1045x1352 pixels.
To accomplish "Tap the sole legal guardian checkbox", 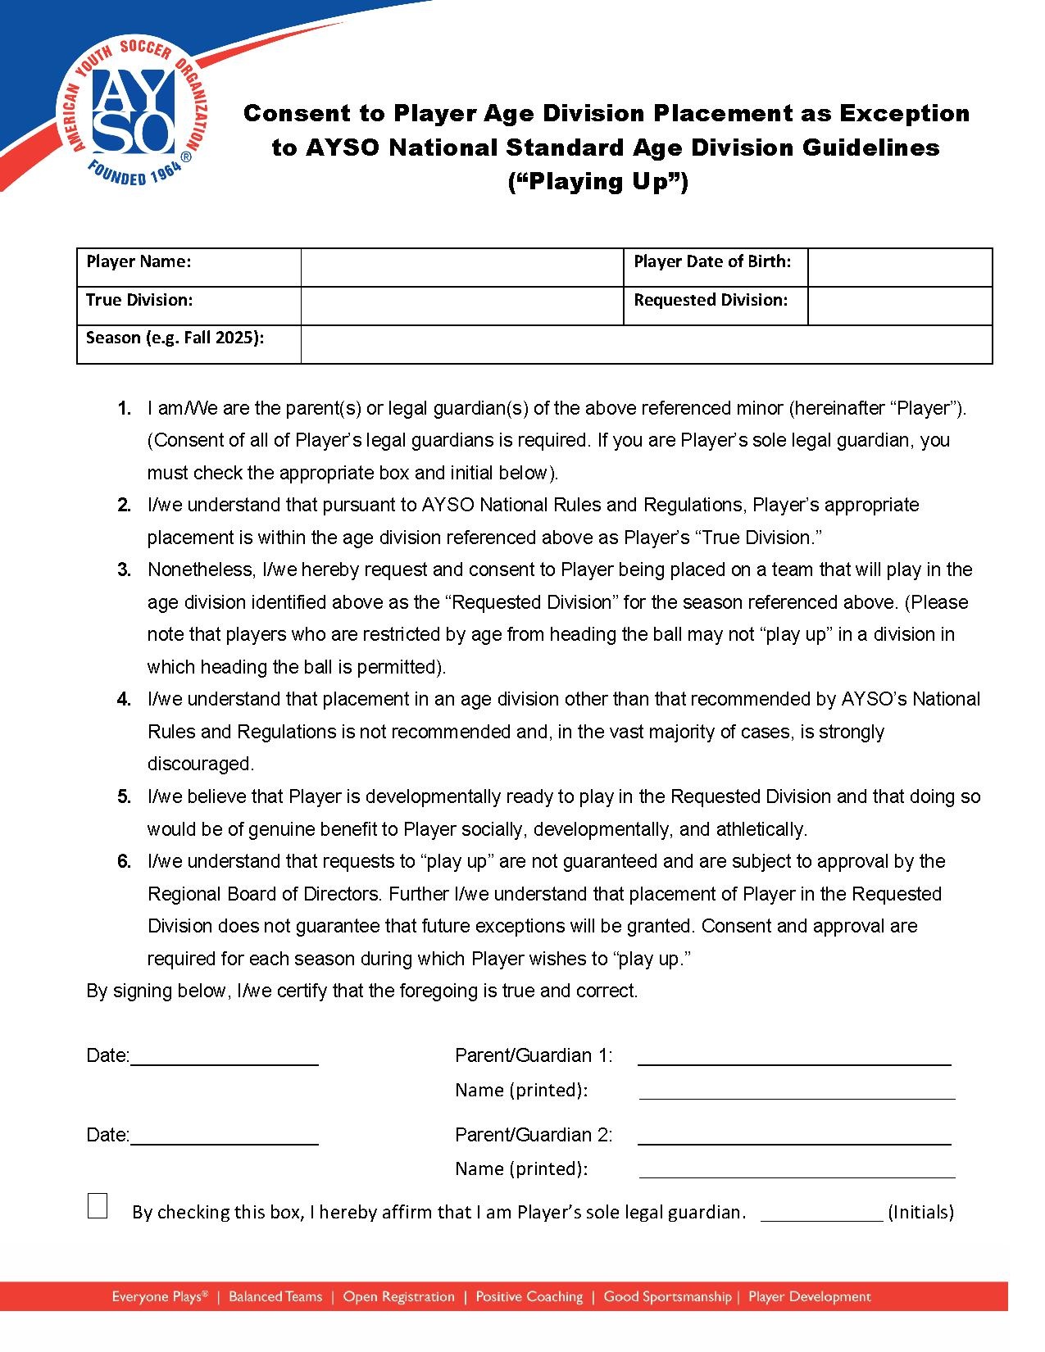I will (98, 1206).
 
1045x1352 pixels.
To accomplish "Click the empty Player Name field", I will (461, 267).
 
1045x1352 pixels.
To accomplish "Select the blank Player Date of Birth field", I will (899, 267).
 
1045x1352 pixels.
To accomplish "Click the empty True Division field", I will (461, 306).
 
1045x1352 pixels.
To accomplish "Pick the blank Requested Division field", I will (899, 306).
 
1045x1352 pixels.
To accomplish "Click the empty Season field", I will (646, 344).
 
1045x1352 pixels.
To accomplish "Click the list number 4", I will (124, 700).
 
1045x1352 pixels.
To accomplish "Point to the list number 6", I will (124, 862).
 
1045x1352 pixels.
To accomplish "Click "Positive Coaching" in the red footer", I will (529, 1296).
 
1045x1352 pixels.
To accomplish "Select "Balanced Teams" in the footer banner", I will (275, 1296).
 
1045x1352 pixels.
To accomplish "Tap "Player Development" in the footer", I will (809, 1296).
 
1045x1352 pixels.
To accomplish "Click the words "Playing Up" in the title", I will (597, 181).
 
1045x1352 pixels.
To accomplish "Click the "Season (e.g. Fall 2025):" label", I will (175, 338).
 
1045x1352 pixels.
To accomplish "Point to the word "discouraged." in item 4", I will (201, 764).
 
